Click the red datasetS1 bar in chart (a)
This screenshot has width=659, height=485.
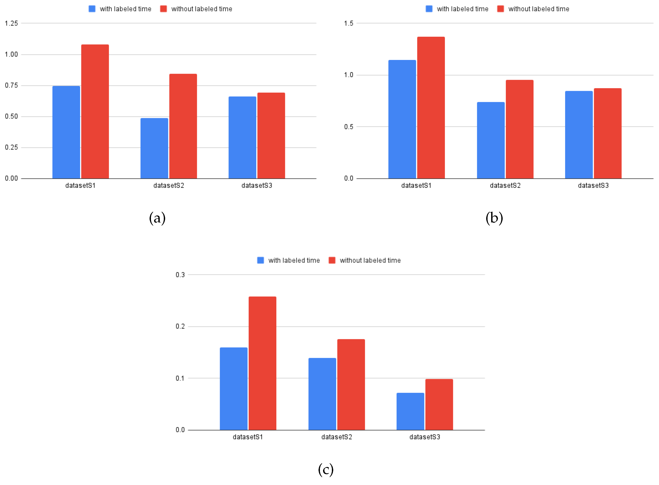(95, 112)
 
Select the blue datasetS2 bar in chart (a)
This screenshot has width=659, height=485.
(154, 148)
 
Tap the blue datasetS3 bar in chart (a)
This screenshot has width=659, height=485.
(242, 137)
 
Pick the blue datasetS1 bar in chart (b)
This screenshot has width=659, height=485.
(402, 119)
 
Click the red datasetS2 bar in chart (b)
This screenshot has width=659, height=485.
(519, 129)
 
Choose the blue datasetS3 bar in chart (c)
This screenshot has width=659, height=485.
(410, 411)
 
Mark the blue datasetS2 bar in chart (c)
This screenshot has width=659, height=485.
(322, 394)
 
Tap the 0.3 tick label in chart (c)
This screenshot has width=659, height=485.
(180, 275)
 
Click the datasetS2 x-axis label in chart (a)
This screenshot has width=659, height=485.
(169, 185)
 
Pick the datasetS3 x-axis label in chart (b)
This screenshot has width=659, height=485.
(593, 185)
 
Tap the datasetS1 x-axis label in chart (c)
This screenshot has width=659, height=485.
(248, 437)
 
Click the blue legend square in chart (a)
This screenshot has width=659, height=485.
(92, 9)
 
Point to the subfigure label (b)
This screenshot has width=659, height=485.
(494, 218)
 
